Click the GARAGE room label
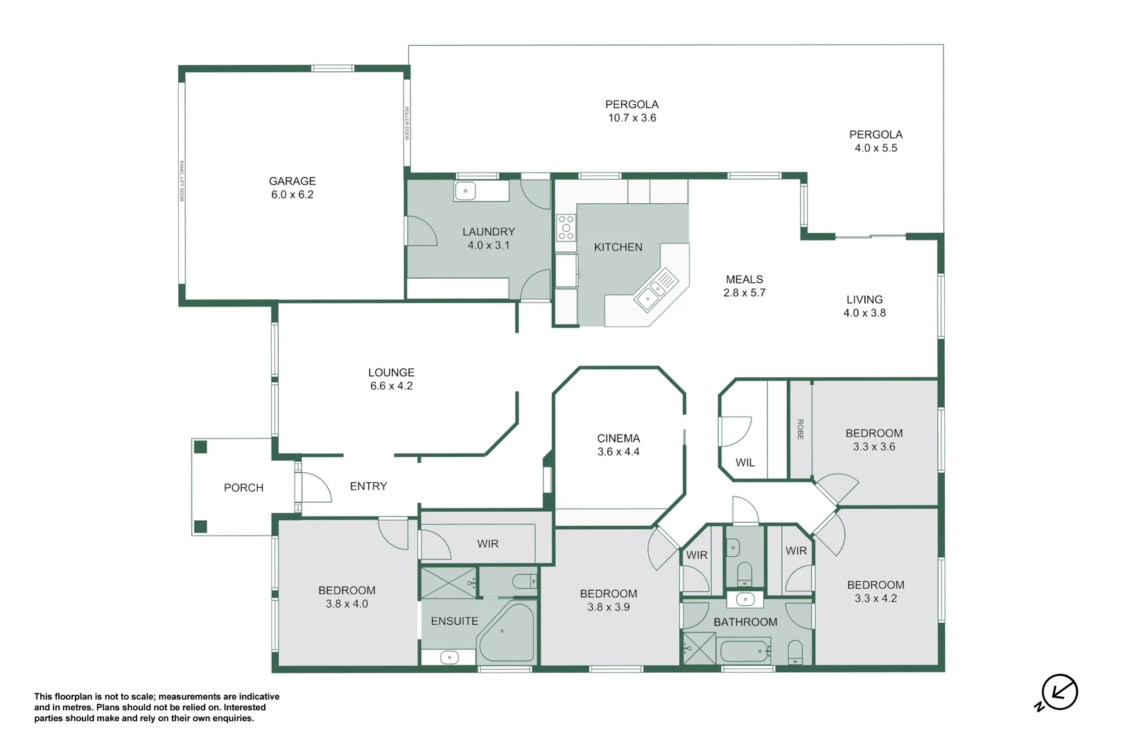tap(292, 181)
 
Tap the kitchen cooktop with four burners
tap(566, 227)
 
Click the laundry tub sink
tap(465, 190)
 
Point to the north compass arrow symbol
tap(1059, 692)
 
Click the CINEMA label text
tap(618, 438)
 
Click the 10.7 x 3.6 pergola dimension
tap(632, 118)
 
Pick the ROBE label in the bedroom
tap(800, 429)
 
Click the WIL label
tap(745, 463)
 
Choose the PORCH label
tap(243, 488)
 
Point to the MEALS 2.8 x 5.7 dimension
tap(744, 293)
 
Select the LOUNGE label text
tap(391, 373)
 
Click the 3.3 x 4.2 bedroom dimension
tap(876, 599)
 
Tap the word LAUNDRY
tap(488, 232)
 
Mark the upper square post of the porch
tap(200, 447)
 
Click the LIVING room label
tap(864, 300)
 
